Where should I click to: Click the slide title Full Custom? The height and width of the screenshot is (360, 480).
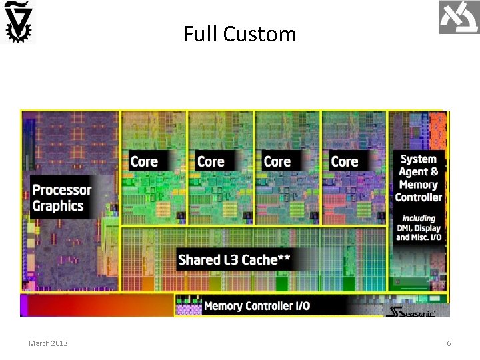coord(240,34)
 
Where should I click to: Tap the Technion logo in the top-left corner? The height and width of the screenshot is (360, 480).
coord(18,22)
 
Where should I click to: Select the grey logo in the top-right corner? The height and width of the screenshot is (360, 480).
coord(459,17)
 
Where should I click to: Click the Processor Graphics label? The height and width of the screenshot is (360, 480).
coord(62,198)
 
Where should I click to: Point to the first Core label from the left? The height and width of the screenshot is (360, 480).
coord(144,161)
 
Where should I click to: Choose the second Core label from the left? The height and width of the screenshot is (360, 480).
coord(211,161)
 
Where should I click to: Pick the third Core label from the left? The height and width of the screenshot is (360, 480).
coord(277,161)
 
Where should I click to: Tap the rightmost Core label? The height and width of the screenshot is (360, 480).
coord(344,161)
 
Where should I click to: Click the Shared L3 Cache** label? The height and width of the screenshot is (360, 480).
coord(233,259)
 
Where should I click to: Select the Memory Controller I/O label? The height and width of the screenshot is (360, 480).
coord(257,306)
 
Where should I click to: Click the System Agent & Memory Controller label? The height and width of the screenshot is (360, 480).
coord(418,178)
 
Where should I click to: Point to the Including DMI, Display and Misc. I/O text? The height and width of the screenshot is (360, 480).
coord(418,228)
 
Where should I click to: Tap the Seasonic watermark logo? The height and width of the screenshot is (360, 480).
coord(411,312)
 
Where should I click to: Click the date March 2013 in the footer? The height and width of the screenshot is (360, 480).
coord(48,343)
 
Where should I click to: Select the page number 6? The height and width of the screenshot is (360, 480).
coord(449,343)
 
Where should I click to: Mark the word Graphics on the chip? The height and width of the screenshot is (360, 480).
coord(58,206)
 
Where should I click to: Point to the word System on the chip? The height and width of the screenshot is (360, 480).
coord(418,159)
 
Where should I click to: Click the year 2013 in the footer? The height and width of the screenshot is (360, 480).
coord(58,343)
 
